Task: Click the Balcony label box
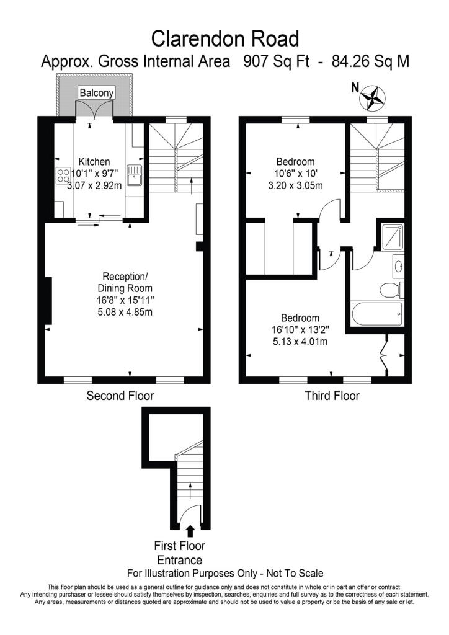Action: pyautogui.click(x=97, y=93)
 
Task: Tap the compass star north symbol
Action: pyautogui.click(x=372, y=97)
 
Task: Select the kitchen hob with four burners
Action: pyautogui.click(x=63, y=175)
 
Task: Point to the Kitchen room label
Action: pyautogui.click(x=94, y=162)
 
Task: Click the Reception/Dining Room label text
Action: pyautogui.click(x=125, y=283)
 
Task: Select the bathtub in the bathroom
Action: pyautogui.click(x=377, y=314)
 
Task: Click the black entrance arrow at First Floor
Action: pyautogui.click(x=190, y=531)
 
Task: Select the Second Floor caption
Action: pyautogui.click(x=120, y=396)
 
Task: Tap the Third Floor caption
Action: pyautogui.click(x=332, y=396)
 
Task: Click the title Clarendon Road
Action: pyautogui.click(x=225, y=38)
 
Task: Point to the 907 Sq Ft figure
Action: pyautogui.click(x=276, y=61)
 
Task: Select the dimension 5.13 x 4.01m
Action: pyautogui.click(x=300, y=342)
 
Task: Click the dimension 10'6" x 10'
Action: pyautogui.click(x=295, y=174)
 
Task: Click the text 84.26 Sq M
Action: pyautogui.click(x=370, y=61)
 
